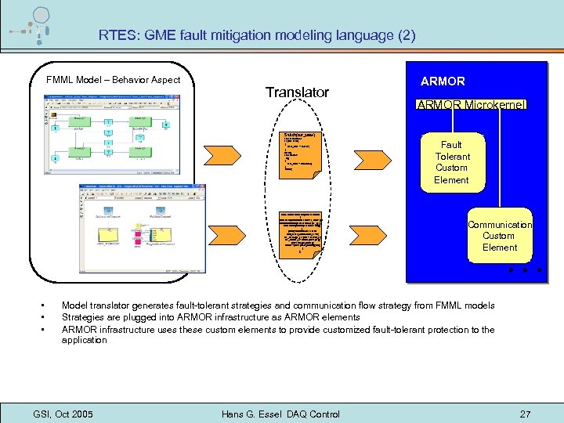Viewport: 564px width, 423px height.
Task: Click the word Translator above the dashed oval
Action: [297, 92]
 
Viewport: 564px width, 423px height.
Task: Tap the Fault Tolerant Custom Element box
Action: [452, 162]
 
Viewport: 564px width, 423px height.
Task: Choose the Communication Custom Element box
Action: [499, 236]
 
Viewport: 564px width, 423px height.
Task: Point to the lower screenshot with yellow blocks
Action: [142, 226]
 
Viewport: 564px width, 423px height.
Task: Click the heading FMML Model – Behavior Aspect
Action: [113, 80]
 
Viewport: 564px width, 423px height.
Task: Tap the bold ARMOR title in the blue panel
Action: [443, 81]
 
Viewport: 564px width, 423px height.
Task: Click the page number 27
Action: [525, 413]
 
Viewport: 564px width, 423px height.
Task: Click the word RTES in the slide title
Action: [116, 35]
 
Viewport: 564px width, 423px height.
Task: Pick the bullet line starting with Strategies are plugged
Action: [211, 317]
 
